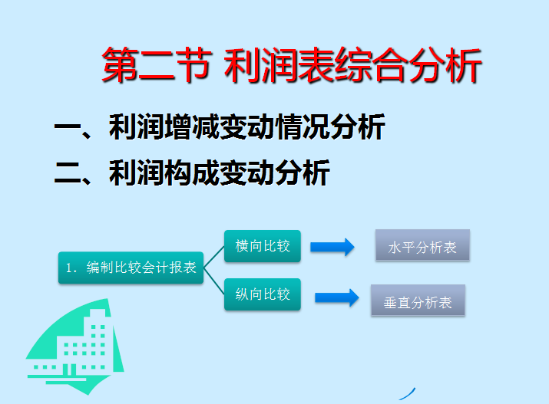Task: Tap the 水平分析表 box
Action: click(422, 247)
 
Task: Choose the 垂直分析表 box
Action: click(418, 301)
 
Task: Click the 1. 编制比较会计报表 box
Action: click(131, 268)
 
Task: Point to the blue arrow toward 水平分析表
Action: click(332, 247)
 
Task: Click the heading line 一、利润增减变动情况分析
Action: click(219, 128)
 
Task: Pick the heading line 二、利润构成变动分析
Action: click(192, 172)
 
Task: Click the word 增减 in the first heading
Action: click(191, 128)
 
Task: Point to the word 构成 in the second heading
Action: click(191, 172)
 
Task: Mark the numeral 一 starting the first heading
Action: click(67, 128)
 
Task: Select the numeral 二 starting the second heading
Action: click(67, 172)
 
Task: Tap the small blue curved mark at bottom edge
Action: click(412, 392)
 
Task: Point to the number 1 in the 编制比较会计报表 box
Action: click(68, 268)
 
